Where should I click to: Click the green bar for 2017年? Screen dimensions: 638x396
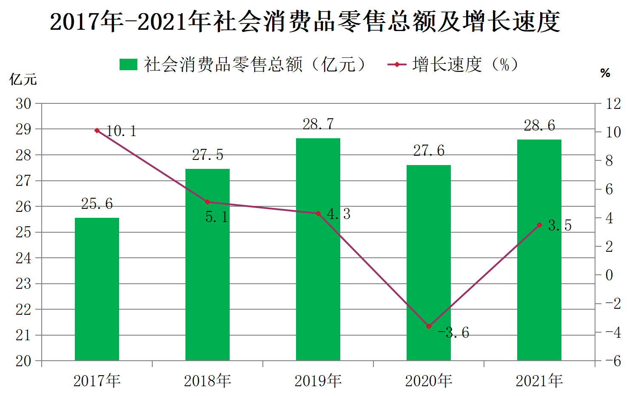pos(97,289)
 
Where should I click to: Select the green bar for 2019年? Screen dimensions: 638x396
pos(318,249)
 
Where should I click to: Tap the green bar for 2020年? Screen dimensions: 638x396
pos(429,263)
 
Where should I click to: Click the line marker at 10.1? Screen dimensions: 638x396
pos(97,131)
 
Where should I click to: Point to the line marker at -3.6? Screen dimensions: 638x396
pos(429,327)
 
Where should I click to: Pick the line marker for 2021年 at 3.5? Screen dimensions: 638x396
pos(539,225)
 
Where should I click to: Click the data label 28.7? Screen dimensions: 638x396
pos(318,124)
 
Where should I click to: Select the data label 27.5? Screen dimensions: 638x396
pos(208,155)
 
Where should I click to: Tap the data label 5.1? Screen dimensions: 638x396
pos(217,217)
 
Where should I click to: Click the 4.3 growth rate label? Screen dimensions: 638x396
pos(339,214)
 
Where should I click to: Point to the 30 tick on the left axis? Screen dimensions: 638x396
pos(23,104)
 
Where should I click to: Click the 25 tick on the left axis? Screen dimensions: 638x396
pos(23,233)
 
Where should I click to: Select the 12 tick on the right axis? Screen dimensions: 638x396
pos(613,104)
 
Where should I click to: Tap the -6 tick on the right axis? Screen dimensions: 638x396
pos(613,361)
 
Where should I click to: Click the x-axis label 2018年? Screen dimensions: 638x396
pos(208,381)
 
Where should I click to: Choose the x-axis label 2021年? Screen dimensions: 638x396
pos(539,381)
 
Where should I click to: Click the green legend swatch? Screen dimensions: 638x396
pos(128,64)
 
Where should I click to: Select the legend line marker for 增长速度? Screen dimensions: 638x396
pos(397,64)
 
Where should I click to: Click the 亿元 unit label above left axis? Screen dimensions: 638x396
pos(23,79)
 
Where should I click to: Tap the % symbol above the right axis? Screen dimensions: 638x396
pos(605,73)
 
